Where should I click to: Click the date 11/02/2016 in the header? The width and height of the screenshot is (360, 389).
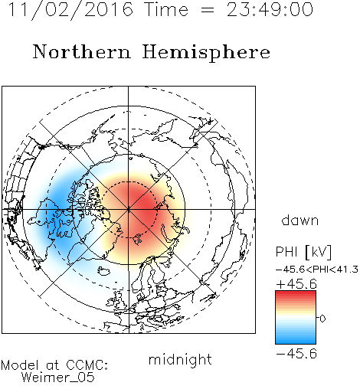click(70, 10)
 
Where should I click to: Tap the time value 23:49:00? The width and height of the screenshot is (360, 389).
click(270, 10)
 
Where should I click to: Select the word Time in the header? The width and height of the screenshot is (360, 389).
click(166, 10)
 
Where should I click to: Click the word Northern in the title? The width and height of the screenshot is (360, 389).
click(82, 51)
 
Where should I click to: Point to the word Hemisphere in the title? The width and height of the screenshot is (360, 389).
click(206, 53)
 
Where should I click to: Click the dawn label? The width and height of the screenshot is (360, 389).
click(300, 220)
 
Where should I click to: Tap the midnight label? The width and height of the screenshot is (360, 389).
click(180, 360)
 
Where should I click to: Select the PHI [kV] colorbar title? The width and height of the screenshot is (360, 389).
click(303, 252)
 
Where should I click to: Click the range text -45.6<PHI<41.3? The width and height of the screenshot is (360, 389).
click(317, 270)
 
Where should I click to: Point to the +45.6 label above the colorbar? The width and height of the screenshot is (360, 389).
click(296, 284)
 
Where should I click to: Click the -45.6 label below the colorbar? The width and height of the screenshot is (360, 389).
click(296, 354)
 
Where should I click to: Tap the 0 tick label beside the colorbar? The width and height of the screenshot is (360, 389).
click(322, 319)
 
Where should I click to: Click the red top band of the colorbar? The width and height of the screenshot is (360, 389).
click(296, 296)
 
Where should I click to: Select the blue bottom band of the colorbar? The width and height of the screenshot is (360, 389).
click(296, 339)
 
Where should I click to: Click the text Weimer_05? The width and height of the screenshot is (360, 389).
click(58, 378)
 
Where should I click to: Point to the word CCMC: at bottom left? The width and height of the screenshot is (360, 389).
click(87, 365)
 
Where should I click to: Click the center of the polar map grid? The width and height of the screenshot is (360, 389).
click(129, 209)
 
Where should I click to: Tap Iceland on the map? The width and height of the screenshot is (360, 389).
click(104, 271)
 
